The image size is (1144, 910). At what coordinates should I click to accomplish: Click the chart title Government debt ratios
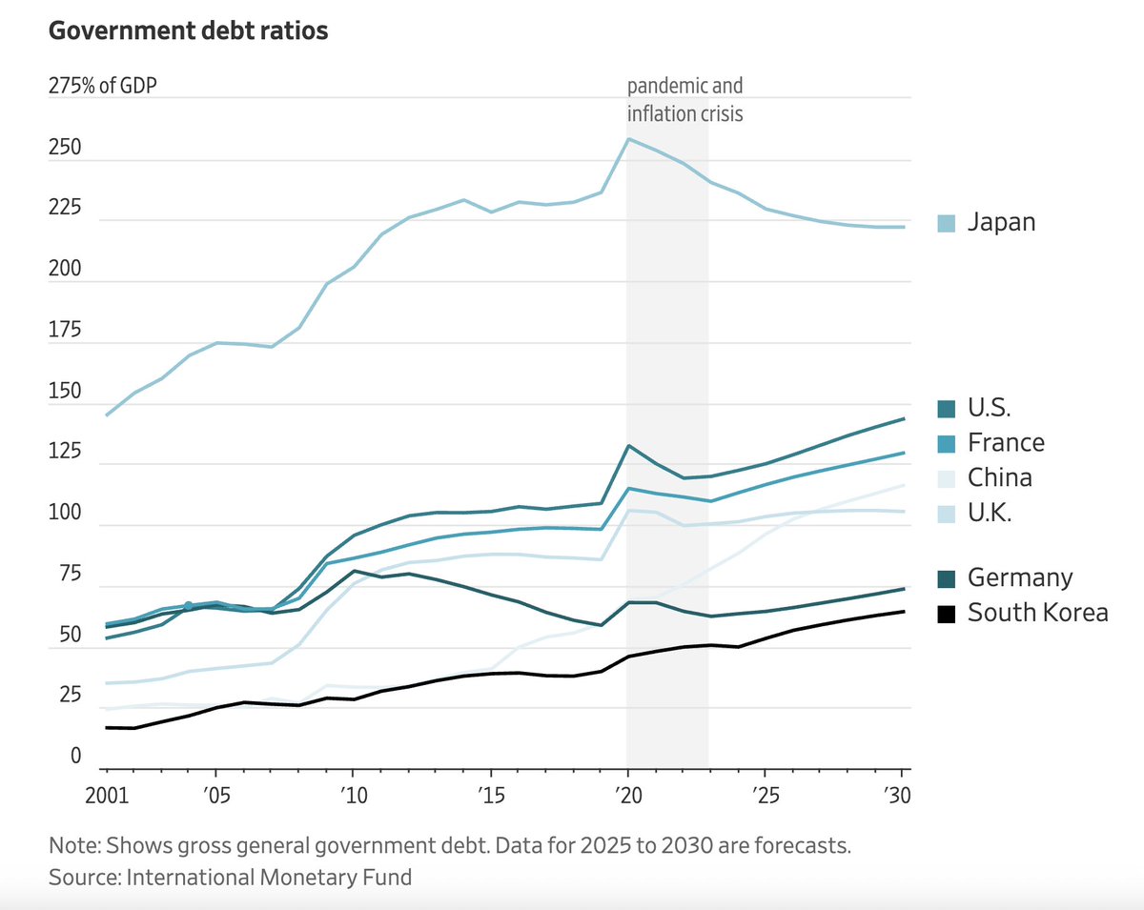pyautogui.click(x=188, y=31)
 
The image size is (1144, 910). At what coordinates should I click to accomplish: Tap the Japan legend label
pyautogui.click(x=1001, y=223)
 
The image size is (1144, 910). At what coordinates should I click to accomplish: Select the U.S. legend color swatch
pyautogui.click(x=947, y=409)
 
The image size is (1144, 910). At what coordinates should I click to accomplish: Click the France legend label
pyautogui.click(x=1006, y=443)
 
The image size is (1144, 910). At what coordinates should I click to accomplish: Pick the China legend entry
pyautogui.click(x=999, y=477)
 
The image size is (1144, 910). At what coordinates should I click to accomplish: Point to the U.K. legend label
pyautogui.click(x=990, y=513)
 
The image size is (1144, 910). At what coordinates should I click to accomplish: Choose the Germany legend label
pyautogui.click(x=1020, y=577)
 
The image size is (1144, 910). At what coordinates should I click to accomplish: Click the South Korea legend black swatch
pyautogui.click(x=947, y=613)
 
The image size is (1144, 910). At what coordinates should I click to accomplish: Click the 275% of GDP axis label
pyautogui.click(x=103, y=86)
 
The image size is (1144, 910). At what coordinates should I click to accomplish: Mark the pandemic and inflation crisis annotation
pyautogui.click(x=684, y=100)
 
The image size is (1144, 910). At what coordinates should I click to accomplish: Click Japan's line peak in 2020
pyautogui.click(x=627, y=139)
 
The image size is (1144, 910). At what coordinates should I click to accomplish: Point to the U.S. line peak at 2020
pyautogui.click(x=627, y=446)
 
